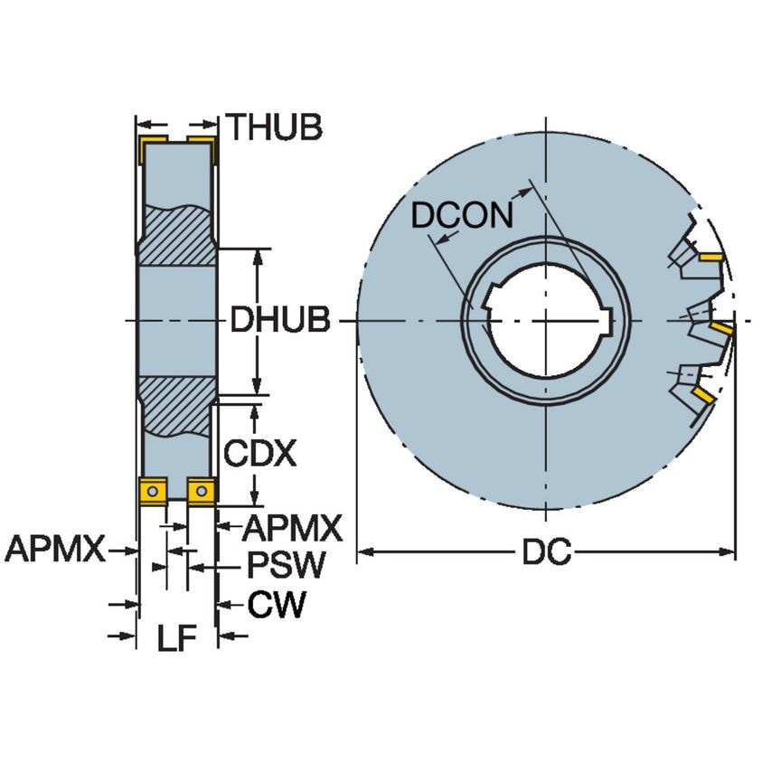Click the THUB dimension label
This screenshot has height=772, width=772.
[273, 127]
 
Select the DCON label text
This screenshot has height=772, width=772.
[462, 216]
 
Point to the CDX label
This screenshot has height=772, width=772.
[260, 453]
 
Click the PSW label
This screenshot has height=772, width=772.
[286, 567]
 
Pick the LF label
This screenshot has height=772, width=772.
[176, 639]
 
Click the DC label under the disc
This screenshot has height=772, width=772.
[546, 552]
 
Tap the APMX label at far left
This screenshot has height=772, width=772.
[55, 549]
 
